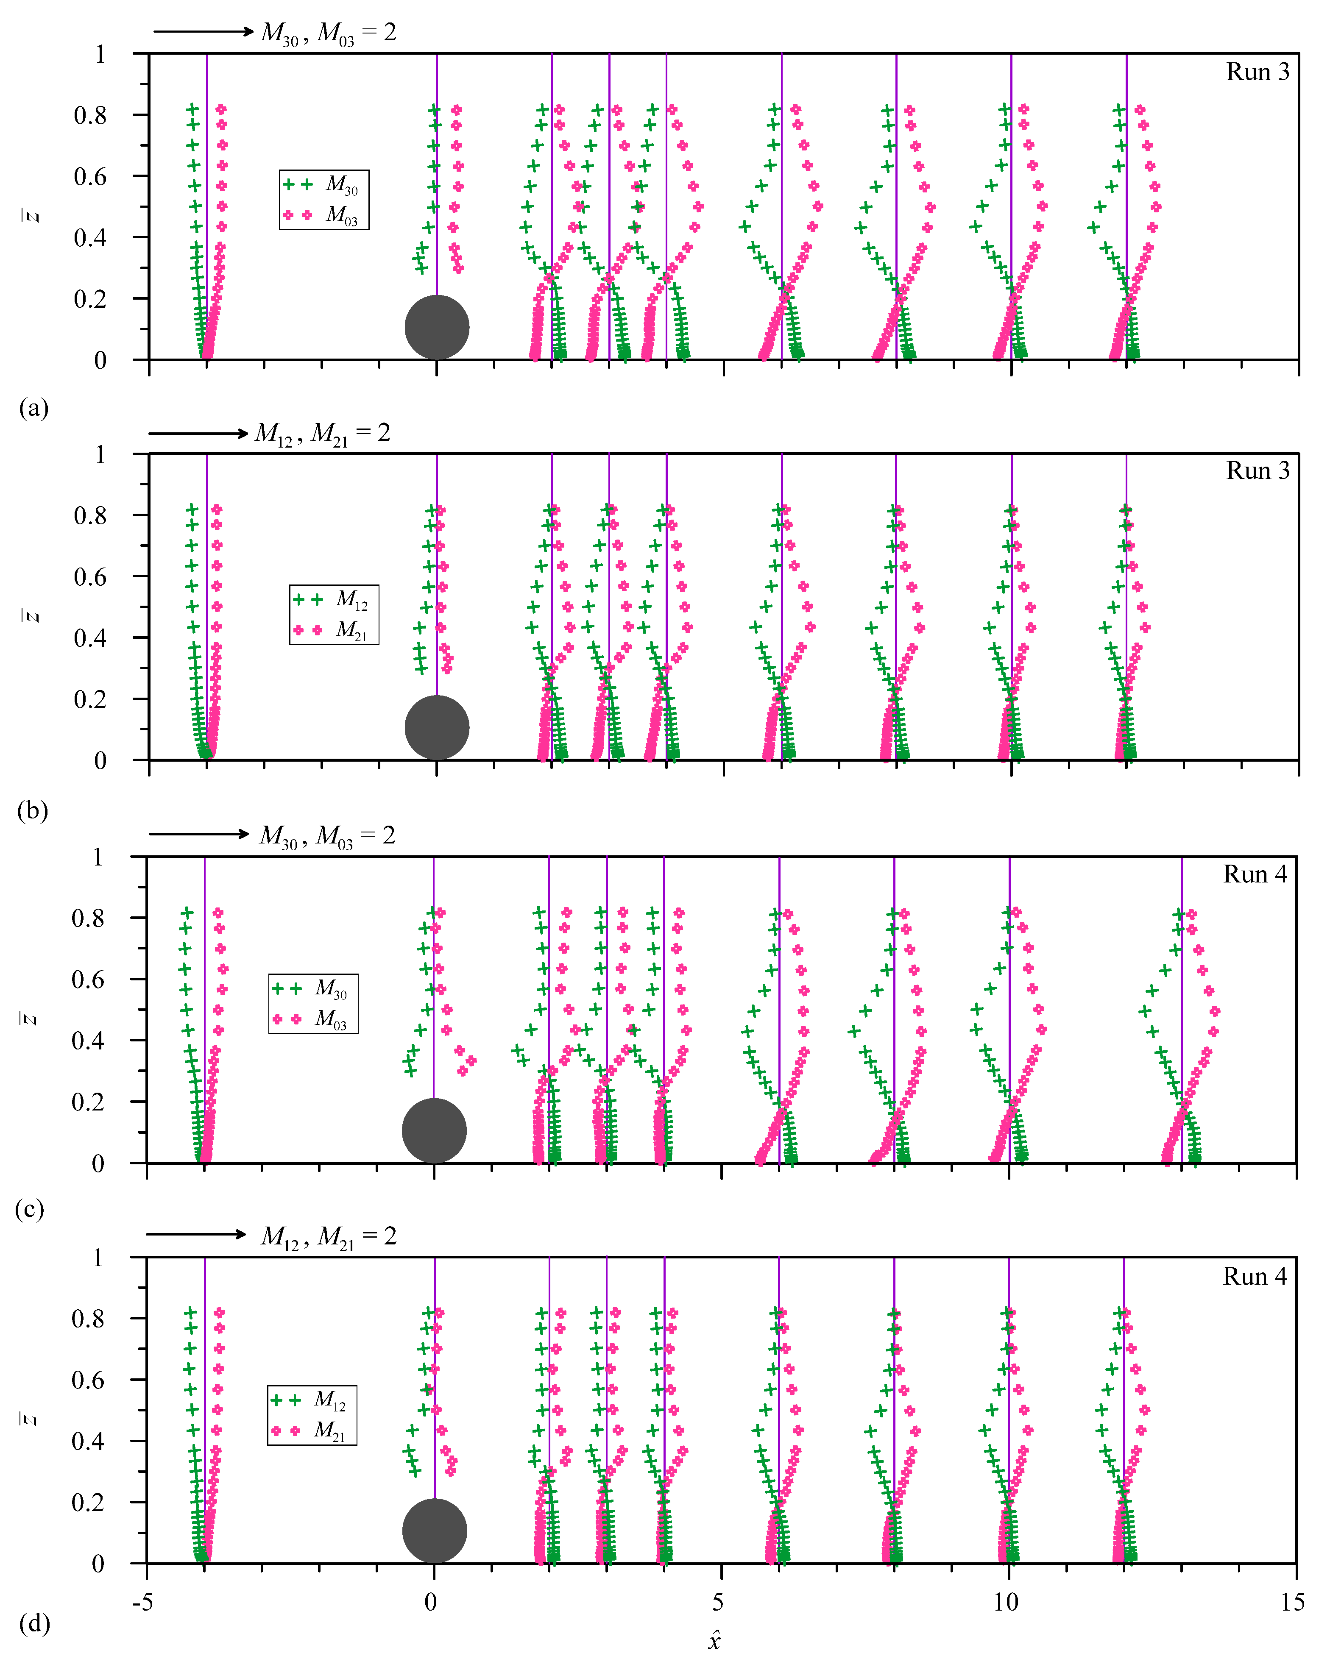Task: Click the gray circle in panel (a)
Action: tap(437, 327)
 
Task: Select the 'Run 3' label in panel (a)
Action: tap(1258, 72)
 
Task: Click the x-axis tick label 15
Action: tap(1292, 1601)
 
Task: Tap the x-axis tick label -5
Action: tap(142, 1601)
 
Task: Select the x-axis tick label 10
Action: tap(1006, 1601)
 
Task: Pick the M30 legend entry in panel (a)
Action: tap(323, 184)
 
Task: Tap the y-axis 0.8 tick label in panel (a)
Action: tap(90, 115)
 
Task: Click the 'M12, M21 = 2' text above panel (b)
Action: tap(323, 433)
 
